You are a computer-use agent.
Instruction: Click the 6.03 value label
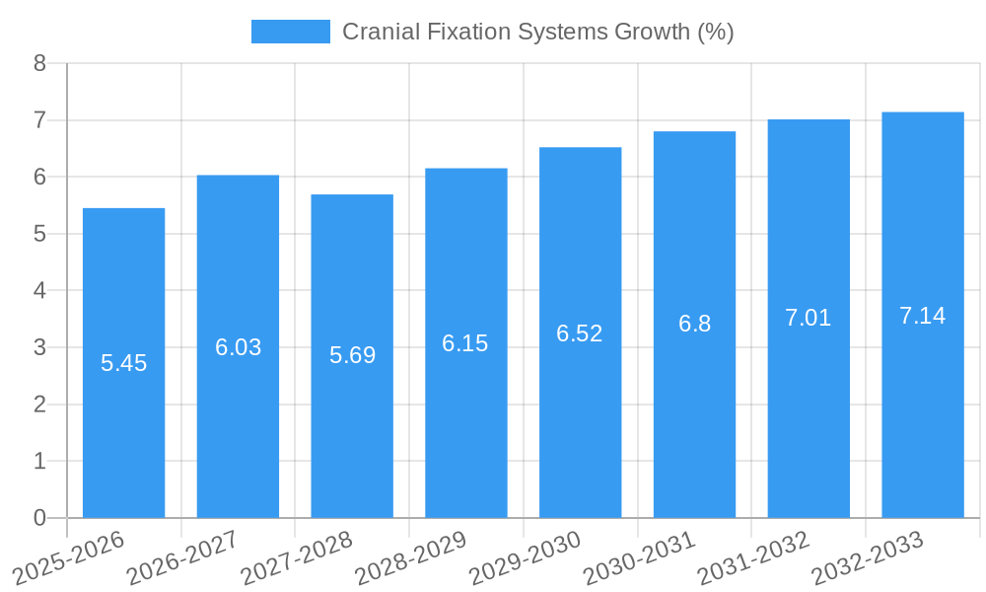pyautogui.click(x=238, y=347)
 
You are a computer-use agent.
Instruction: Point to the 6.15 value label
pyautogui.click(x=465, y=343)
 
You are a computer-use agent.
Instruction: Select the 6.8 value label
pyautogui.click(x=694, y=324)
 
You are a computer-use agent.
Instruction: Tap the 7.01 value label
pyautogui.click(x=809, y=318)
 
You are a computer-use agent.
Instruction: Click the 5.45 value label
pyautogui.click(x=123, y=363)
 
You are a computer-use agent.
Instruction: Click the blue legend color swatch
pyautogui.click(x=290, y=32)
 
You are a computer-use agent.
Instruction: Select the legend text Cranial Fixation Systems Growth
pyautogui.click(x=537, y=32)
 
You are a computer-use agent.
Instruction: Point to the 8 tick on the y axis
pyautogui.click(x=39, y=63)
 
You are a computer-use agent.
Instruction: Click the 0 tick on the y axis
pyautogui.click(x=39, y=518)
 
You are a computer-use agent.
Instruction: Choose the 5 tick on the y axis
pyautogui.click(x=39, y=234)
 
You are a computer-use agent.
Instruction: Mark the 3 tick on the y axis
pyautogui.click(x=39, y=347)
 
